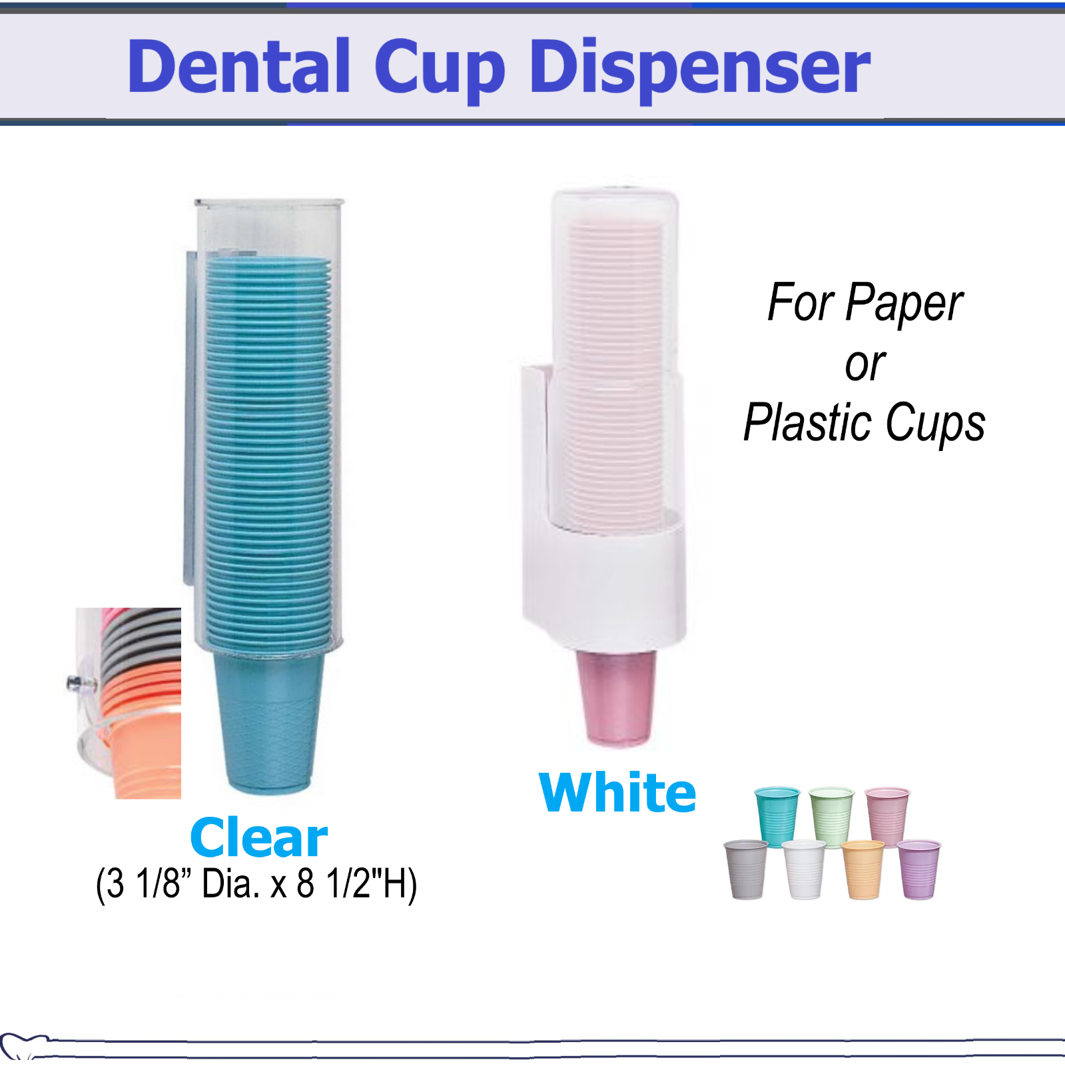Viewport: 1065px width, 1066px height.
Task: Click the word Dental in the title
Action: [x=238, y=67]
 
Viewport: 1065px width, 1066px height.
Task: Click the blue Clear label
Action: [x=258, y=837]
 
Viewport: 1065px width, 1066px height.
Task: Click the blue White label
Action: [x=617, y=793]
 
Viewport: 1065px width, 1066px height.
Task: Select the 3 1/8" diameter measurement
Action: [x=144, y=884]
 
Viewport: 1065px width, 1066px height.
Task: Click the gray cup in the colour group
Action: [x=745, y=869]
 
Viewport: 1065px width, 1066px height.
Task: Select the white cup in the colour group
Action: [x=804, y=869]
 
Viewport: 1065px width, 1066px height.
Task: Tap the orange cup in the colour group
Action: [x=863, y=869]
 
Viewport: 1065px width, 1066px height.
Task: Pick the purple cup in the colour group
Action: [x=918, y=869]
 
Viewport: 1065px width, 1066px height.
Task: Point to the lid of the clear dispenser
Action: [x=269, y=202]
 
